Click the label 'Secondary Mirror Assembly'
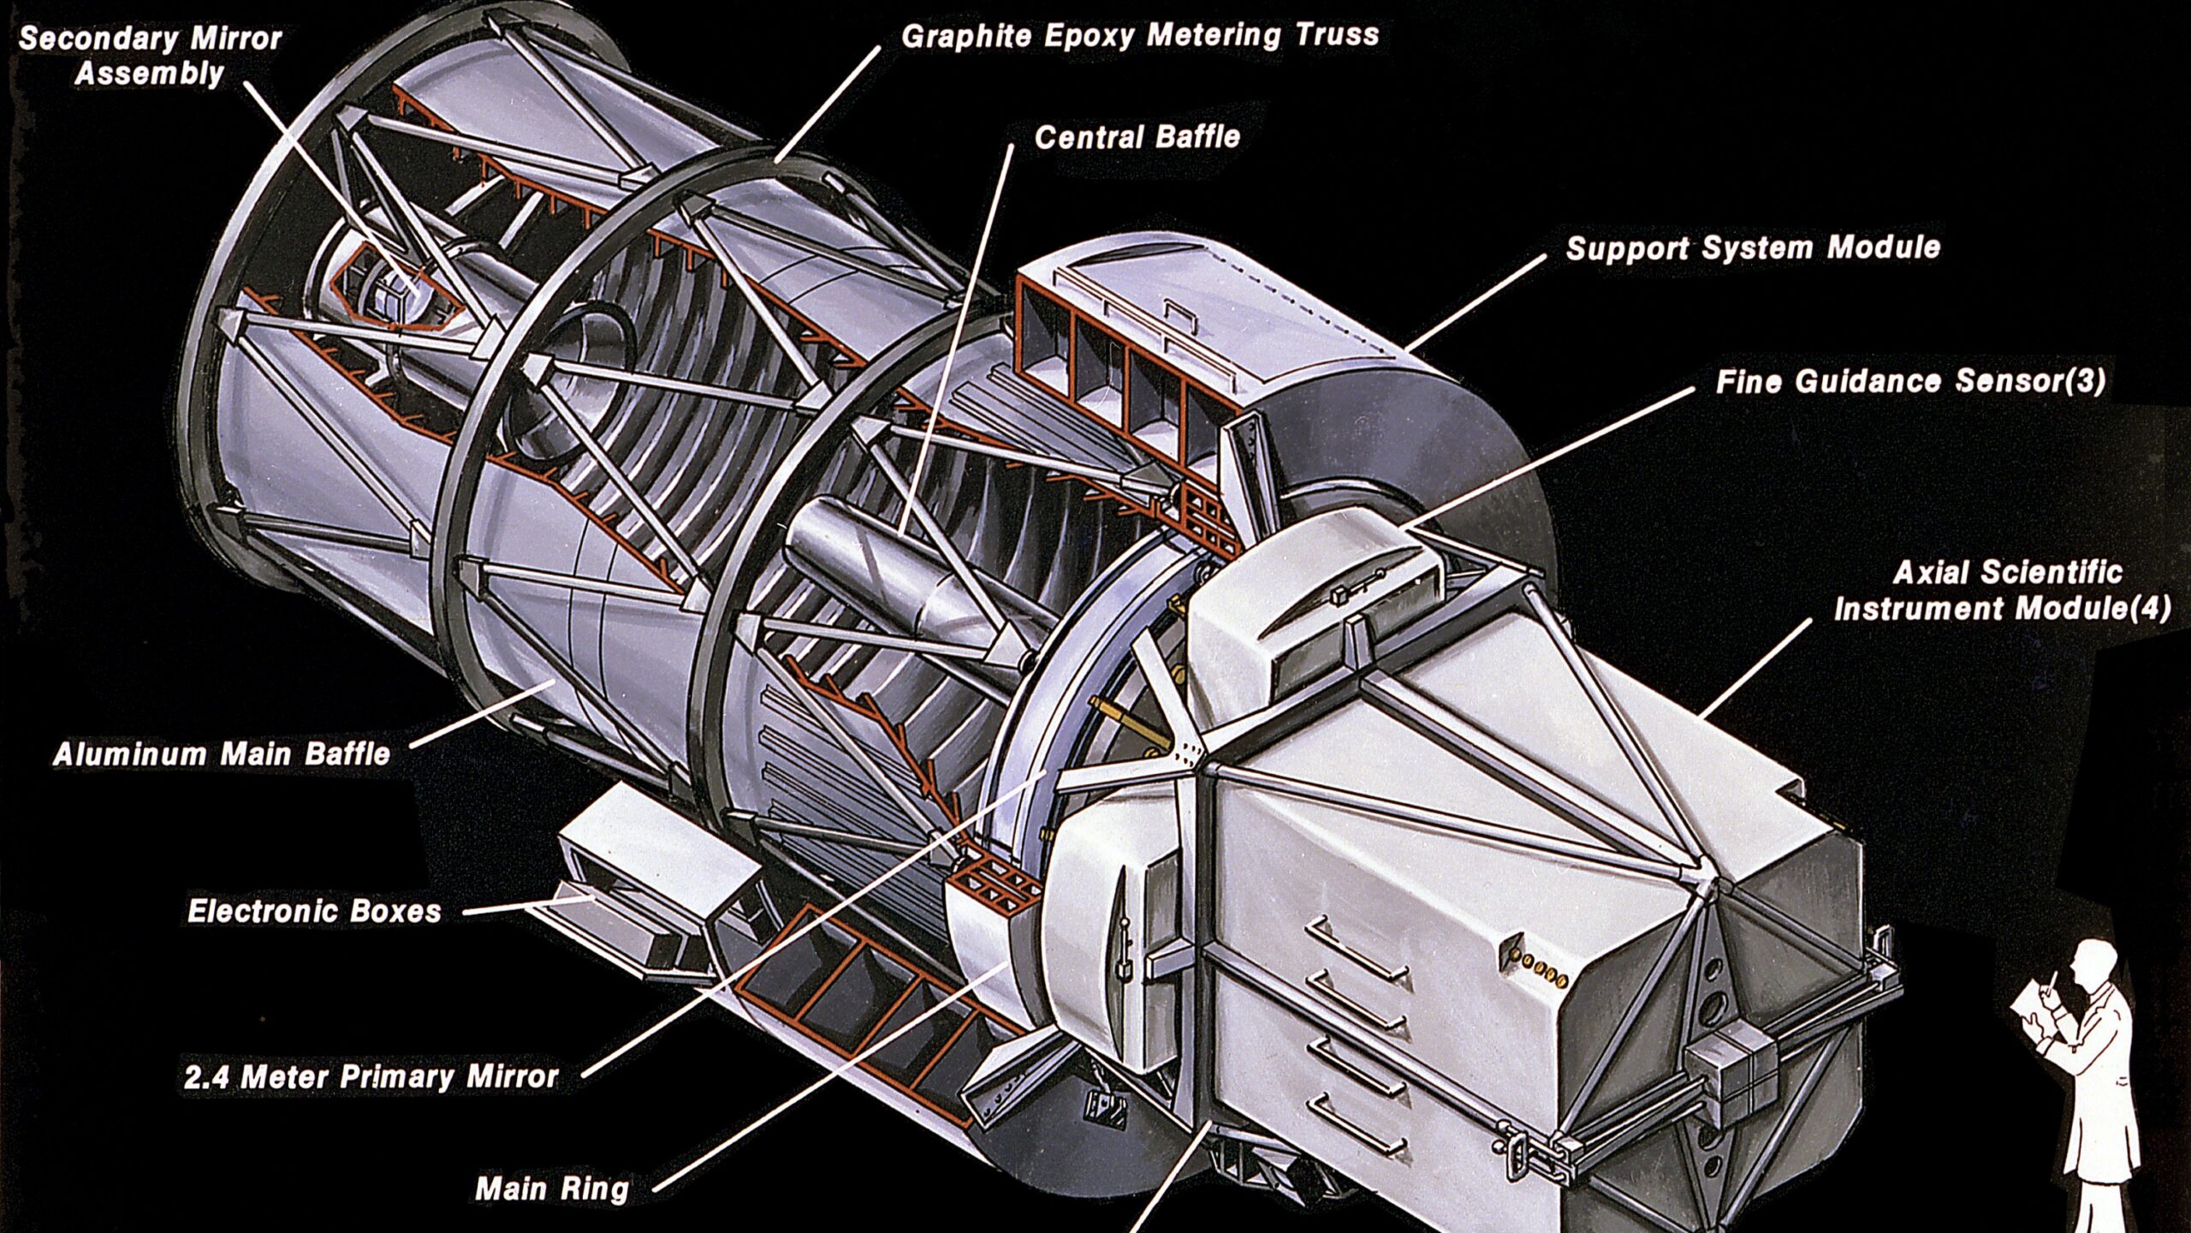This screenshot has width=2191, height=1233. [151, 56]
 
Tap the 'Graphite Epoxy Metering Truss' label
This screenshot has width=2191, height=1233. [1141, 36]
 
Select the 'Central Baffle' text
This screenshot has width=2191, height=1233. [1137, 137]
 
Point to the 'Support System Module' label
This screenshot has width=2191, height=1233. [1754, 248]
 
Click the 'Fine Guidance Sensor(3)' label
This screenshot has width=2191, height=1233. [1910, 381]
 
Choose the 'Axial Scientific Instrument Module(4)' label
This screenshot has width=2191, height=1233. [2003, 591]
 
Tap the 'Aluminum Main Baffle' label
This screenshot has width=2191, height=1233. [222, 754]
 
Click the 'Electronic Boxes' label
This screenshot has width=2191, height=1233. [314, 911]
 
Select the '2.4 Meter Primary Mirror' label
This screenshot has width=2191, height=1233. [371, 1077]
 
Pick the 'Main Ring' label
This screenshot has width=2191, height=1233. [552, 1188]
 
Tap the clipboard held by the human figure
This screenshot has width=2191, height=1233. [2033, 1013]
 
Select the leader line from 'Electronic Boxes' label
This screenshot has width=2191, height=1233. [529, 905]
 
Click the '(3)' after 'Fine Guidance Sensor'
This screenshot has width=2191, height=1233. [2083, 380]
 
